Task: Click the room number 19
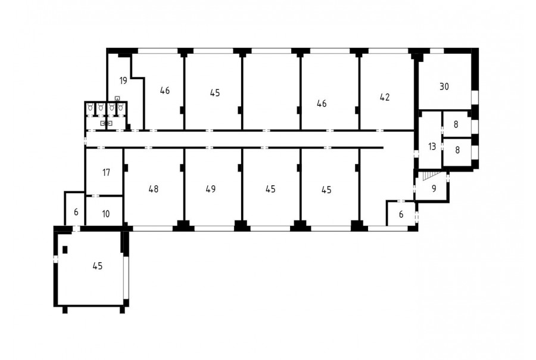point(123,80)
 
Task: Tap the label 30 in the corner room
point(444,86)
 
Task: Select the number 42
point(385,97)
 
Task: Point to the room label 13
point(432,147)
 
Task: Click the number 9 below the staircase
point(434,188)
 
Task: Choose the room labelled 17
point(107,172)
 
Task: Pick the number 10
point(106,214)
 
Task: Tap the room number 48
point(154,189)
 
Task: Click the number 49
point(211,189)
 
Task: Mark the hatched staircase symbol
point(430,175)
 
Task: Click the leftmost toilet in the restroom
point(91,107)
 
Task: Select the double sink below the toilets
point(107,123)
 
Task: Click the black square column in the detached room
point(65,250)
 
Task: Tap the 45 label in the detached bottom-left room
point(98,266)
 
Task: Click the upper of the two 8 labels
point(456,124)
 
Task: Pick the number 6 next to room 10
point(76,212)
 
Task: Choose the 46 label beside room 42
point(322,103)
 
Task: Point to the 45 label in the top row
point(214,93)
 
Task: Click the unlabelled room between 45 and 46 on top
point(272,92)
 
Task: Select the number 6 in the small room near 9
point(401,215)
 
